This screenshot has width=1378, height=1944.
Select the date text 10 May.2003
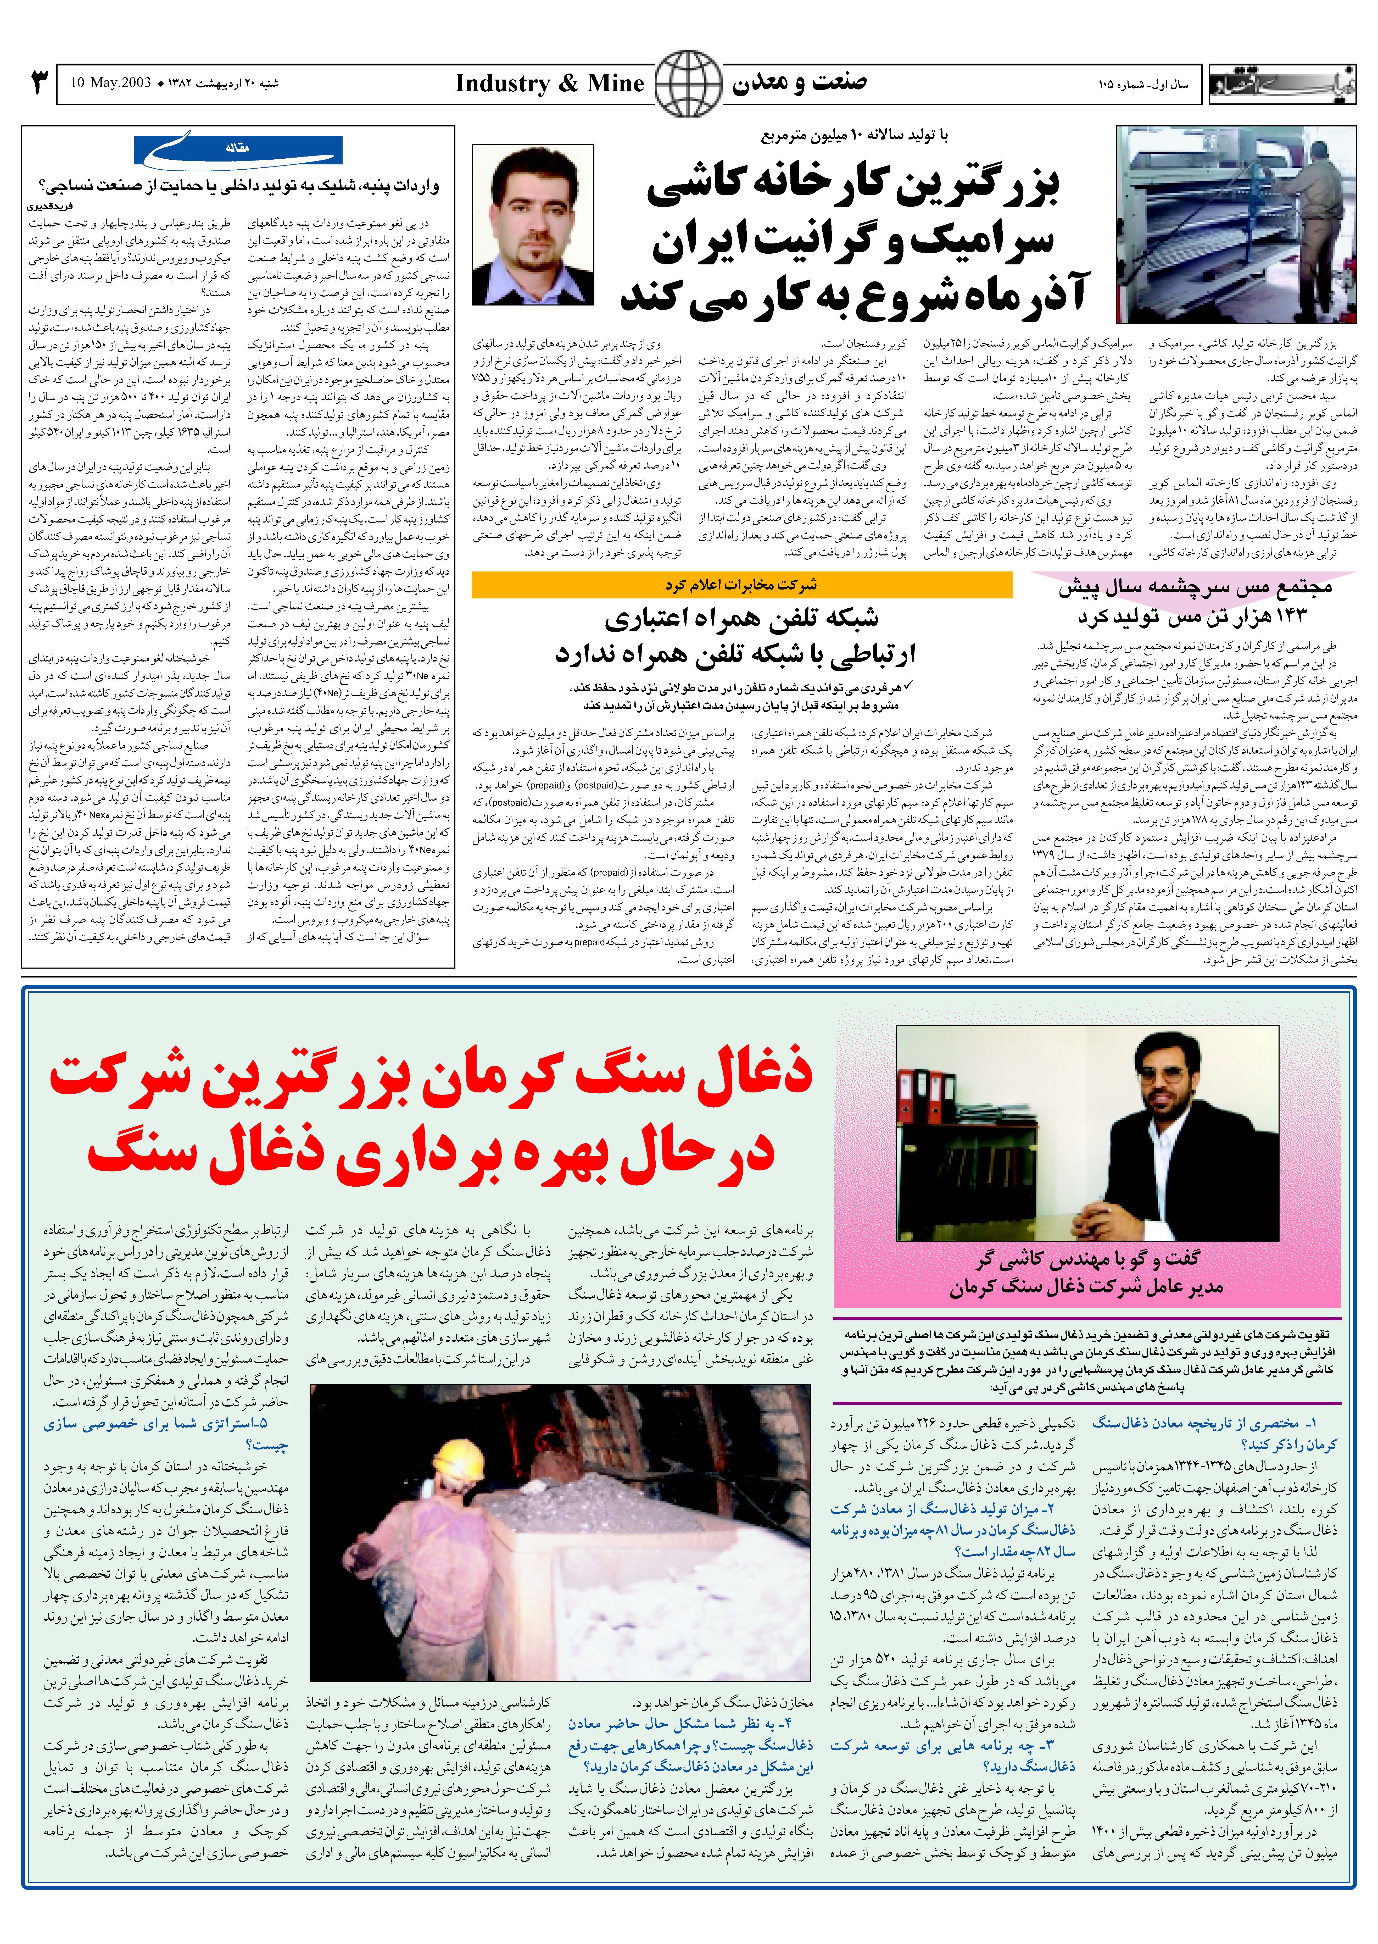(x=110, y=83)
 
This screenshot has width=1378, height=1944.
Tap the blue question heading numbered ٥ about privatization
(x=165, y=1433)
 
